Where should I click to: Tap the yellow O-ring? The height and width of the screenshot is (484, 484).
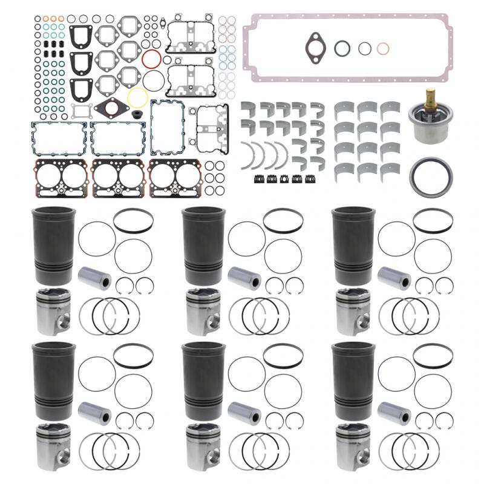[x=138, y=97]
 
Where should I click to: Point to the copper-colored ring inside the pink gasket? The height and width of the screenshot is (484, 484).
[x=382, y=48]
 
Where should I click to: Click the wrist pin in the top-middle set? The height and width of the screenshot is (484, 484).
[x=245, y=278]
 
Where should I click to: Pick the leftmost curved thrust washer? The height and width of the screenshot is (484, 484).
[x=249, y=152]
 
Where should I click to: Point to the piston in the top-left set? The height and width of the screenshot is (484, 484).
[x=54, y=310]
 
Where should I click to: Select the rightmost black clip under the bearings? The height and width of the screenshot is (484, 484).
[x=311, y=179]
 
